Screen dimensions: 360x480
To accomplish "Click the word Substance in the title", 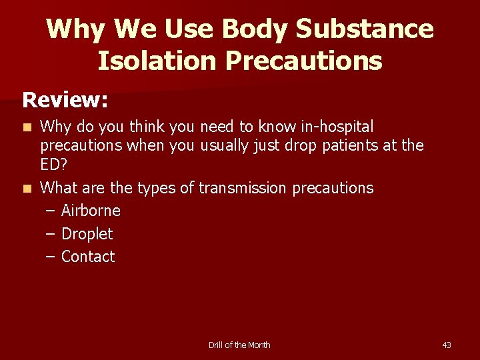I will point(365,29).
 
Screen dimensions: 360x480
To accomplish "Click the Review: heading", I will point(65,100).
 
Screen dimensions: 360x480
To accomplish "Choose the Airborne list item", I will point(91,211).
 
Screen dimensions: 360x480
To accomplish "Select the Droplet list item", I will point(87,234).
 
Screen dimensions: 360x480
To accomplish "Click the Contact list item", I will point(88,257).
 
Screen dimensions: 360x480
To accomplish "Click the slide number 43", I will point(447,345).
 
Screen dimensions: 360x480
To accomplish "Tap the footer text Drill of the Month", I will point(239,345).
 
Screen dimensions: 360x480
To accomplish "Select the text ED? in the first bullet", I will point(54,165).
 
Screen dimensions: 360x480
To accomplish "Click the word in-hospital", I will point(337,127).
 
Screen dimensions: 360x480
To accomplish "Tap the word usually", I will point(226,145).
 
